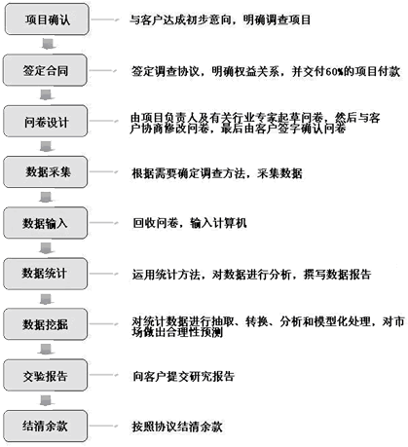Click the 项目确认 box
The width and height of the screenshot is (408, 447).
pos(47,19)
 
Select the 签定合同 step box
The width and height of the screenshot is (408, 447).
pos(45,70)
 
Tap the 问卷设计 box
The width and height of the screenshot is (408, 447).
pos(46,121)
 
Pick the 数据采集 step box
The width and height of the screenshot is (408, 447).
pos(46,171)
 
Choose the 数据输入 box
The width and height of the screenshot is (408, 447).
pos(46,223)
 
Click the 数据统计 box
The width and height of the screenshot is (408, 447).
pos(46,274)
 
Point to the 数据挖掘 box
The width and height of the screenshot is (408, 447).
pos(46,324)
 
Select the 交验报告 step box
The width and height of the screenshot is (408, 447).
pos(46,375)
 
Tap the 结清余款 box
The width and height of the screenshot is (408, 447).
pos(46,426)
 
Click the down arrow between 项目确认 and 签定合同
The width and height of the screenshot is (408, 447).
pos(49,44)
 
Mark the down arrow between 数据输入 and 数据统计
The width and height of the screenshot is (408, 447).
pos(46,247)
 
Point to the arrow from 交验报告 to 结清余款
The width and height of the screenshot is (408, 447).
pos(46,400)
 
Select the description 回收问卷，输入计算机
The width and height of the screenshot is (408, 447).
pos(190,223)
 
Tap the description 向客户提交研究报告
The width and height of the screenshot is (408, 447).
pos(183,376)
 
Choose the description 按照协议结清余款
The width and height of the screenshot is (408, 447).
pos(177,427)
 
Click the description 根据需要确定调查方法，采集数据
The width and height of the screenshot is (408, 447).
pos(217,173)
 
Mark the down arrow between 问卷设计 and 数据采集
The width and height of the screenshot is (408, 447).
pos(46,146)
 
